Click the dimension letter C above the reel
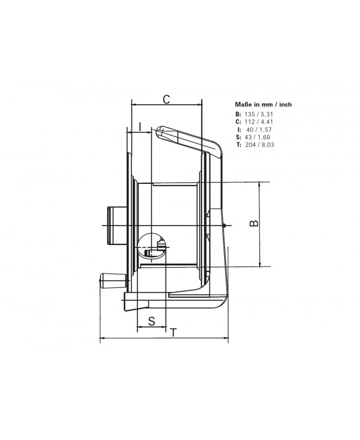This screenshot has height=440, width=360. (166, 99)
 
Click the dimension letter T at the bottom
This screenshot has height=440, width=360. (174, 332)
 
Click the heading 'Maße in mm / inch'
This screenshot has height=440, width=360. (264, 104)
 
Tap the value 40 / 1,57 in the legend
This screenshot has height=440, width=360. (260, 129)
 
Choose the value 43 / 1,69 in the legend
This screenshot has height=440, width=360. (260, 136)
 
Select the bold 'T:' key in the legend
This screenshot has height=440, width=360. (238, 144)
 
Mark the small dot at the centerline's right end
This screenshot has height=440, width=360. (224, 225)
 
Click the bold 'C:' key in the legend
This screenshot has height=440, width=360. (238, 121)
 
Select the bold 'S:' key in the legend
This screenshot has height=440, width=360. (238, 136)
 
